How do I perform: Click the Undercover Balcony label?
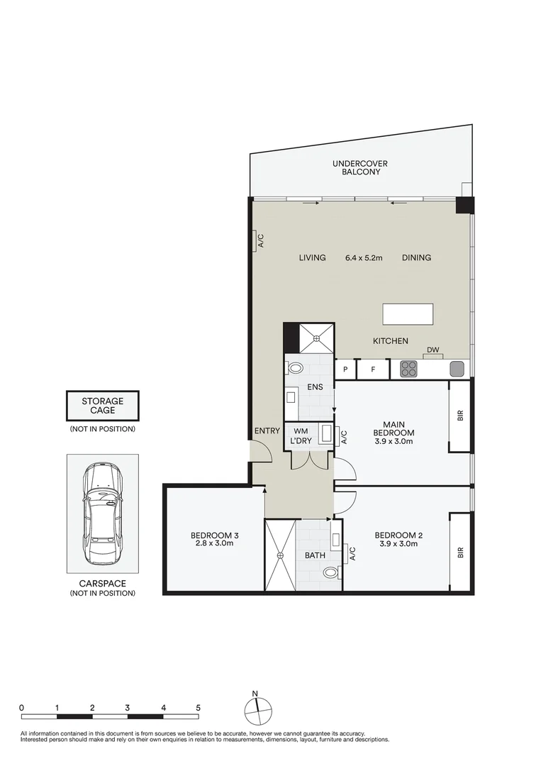(x=359, y=167)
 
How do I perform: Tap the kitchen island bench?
(x=408, y=313)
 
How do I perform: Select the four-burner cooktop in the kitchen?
(x=409, y=369)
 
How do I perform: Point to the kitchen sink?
(x=457, y=369)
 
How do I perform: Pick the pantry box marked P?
(x=345, y=369)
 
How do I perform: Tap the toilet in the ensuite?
(x=294, y=368)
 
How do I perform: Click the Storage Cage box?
(x=102, y=406)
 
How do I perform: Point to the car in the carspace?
(x=102, y=514)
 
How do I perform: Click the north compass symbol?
(x=258, y=710)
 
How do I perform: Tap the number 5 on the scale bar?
(x=199, y=708)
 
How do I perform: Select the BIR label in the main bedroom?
(x=460, y=417)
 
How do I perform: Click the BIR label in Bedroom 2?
(x=460, y=550)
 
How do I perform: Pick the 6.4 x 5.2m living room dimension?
(x=364, y=257)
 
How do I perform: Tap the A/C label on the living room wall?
(x=260, y=241)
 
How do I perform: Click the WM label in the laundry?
(x=301, y=431)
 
